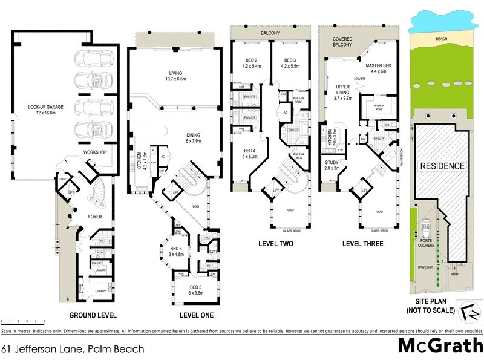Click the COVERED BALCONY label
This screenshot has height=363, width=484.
coord(343,41)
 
